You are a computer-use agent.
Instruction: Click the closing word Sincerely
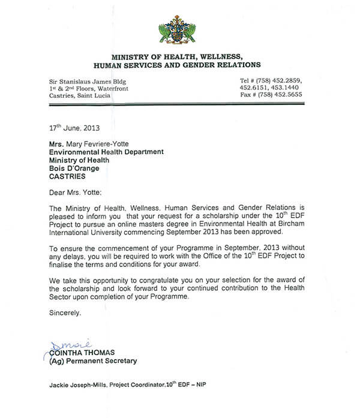tap(63, 312)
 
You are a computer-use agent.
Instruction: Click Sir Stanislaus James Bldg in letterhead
tap(88, 80)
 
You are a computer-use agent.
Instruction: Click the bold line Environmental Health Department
tap(106, 152)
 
